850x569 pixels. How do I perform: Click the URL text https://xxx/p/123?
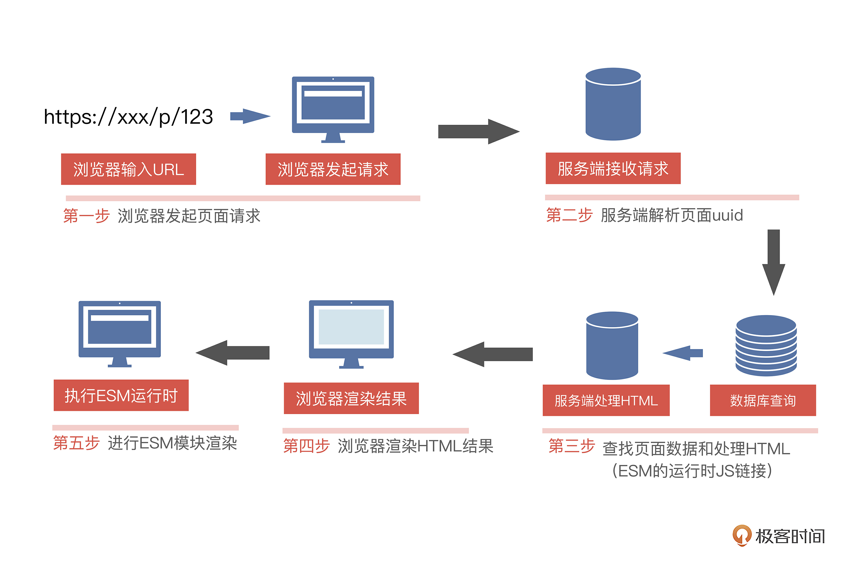(128, 117)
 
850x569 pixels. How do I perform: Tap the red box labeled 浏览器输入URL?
(129, 169)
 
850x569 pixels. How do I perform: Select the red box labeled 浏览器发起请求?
(333, 169)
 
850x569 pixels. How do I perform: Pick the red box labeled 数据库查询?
(762, 400)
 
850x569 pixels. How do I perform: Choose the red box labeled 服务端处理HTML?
(606, 400)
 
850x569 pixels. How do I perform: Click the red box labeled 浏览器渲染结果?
(351, 398)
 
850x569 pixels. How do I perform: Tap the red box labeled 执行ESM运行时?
(121, 395)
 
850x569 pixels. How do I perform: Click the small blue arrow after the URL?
(250, 116)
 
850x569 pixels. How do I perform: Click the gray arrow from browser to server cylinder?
(478, 131)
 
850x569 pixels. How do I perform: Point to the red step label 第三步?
(571, 446)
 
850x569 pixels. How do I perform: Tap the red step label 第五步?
(76, 443)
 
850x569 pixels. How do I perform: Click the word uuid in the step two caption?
(727, 215)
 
